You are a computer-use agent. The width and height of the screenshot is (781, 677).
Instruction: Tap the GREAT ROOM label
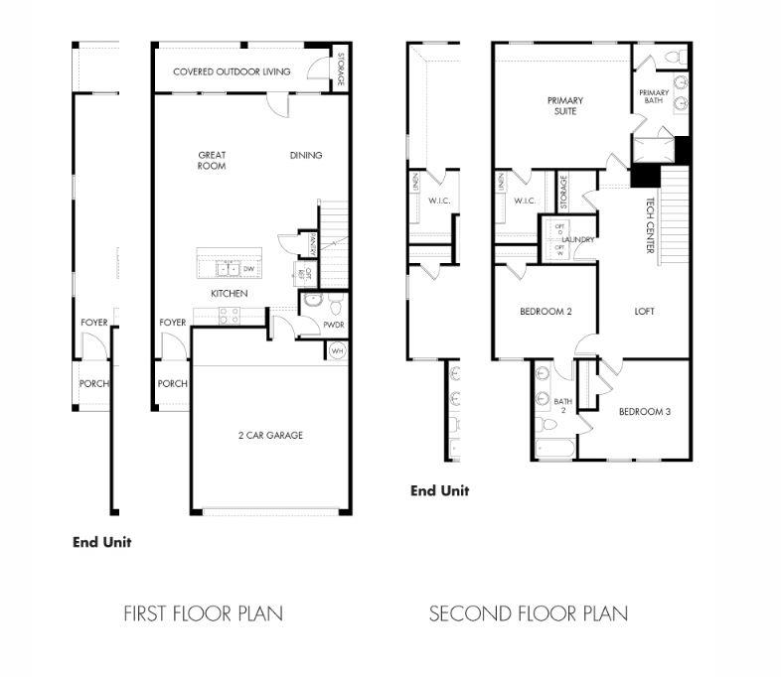pyautogui.click(x=212, y=160)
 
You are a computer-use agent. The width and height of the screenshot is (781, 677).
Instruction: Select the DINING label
pyautogui.click(x=306, y=155)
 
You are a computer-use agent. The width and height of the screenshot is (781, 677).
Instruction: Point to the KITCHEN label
pyautogui.click(x=229, y=294)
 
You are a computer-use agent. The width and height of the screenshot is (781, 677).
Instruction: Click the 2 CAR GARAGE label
pyautogui.click(x=270, y=435)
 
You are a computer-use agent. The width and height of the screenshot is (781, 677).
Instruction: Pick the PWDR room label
pyautogui.click(x=333, y=324)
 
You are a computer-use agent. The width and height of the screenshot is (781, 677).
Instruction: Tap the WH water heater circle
pyautogui.click(x=337, y=349)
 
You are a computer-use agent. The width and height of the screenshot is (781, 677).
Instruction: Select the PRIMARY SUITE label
pyautogui.click(x=564, y=105)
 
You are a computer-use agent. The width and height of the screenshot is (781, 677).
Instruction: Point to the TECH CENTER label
pyautogui.click(x=651, y=225)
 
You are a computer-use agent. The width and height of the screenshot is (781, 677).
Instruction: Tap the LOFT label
pyautogui.click(x=645, y=312)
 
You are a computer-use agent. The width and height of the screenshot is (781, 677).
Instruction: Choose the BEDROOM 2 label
pyautogui.click(x=546, y=312)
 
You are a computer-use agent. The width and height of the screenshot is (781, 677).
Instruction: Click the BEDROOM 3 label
pyautogui.click(x=644, y=411)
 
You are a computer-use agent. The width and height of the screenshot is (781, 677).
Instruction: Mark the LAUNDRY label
pyautogui.click(x=577, y=240)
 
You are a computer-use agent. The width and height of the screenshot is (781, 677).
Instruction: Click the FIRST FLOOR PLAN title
pyautogui.click(x=203, y=613)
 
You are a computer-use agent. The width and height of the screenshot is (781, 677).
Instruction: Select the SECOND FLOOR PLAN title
pyautogui.click(x=528, y=613)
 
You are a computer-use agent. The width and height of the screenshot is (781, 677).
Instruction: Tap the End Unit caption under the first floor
pyautogui.click(x=101, y=542)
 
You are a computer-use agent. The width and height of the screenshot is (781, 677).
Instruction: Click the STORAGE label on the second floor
pyautogui.click(x=563, y=191)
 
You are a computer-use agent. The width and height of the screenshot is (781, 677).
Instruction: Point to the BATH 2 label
pyautogui.click(x=559, y=405)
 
